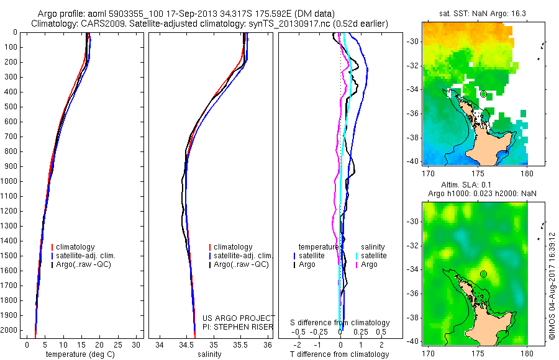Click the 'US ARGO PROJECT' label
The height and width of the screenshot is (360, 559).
pyautogui.click(x=239, y=318)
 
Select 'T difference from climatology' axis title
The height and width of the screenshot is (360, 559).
pyautogui.click(x=340, y=354)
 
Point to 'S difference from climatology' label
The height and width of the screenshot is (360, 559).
pyautogui.click(x=340, y=323)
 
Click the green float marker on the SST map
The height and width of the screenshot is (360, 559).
pyautogui.click(x=483, y=94)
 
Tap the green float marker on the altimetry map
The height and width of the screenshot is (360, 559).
pyautogui.click(x=483, y=274)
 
